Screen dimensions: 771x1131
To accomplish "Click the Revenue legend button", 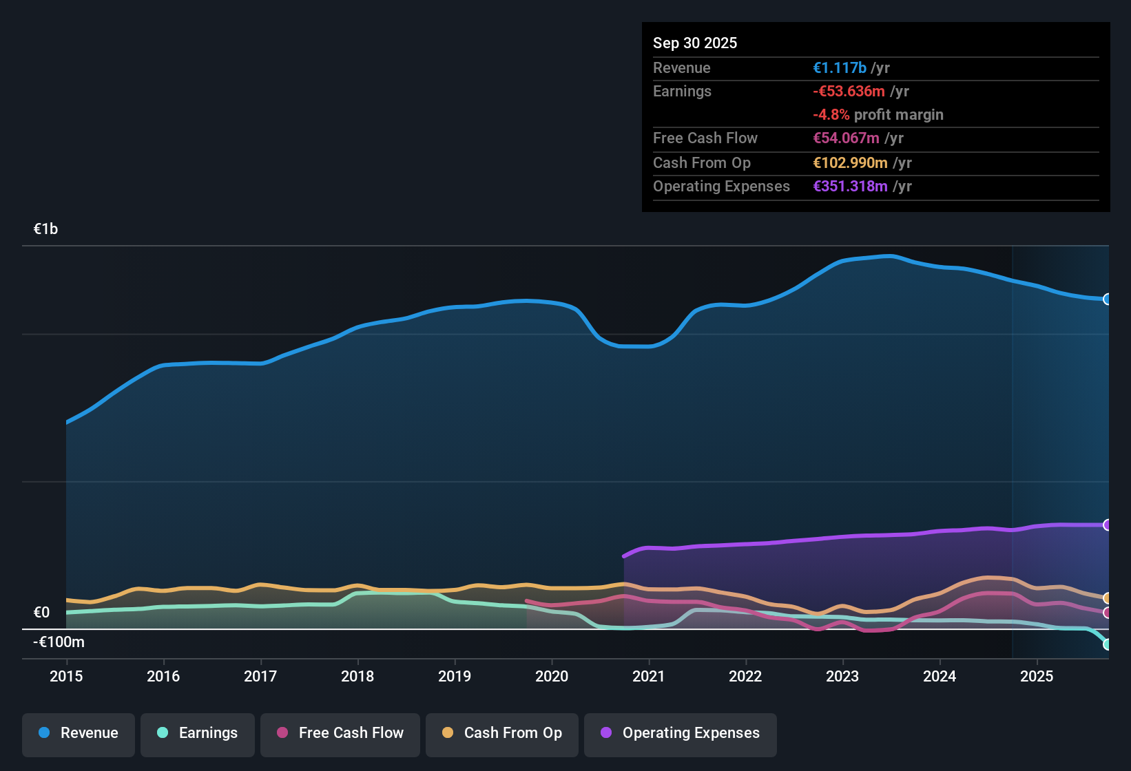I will tap(79, 733).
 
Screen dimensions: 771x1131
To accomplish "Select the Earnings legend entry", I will tap(198, 733).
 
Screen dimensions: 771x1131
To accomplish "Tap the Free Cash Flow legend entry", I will tap(340, 733).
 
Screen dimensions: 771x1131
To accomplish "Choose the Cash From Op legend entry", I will tap(502, 733).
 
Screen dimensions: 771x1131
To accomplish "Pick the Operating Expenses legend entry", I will tap(681, 733).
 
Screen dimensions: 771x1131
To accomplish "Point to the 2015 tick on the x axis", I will tap(66, 676).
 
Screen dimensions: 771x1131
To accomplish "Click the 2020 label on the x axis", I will tap(552, 676).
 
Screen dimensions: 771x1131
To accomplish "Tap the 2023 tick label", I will tap(842, 676).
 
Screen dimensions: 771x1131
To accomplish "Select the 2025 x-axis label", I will tap(1037, 676).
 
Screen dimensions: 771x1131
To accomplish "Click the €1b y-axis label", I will tap(46, 229).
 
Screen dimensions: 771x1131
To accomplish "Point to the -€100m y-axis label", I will tap(59, 642).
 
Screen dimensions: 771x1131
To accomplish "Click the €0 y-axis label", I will tap(42, 613).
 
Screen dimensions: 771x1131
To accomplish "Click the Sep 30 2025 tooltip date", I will tap(695, 43).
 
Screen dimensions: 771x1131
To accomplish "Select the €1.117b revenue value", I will tap(840, 67).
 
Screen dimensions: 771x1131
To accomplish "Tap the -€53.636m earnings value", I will tap(849, 91).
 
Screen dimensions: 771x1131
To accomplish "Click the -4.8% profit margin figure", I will tap(831, 114).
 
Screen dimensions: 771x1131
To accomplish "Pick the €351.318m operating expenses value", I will tap(850, 186).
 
